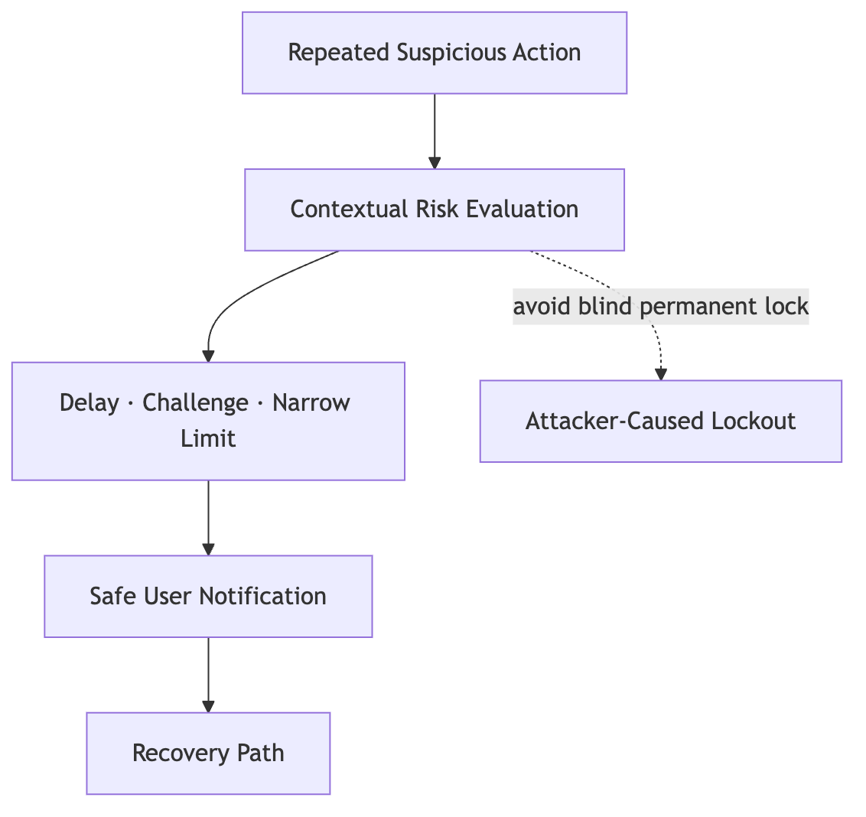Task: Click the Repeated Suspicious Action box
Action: [435, 53]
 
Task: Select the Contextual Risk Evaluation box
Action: [435, 210]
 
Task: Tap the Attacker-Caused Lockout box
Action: [660, 421]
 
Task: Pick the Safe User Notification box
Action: [208, 597]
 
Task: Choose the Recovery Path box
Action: [208, 754]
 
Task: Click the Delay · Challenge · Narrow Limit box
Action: [208, 421]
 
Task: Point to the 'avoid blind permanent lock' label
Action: [660, 306]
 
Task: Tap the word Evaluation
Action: [522, 210]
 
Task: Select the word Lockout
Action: [754, 421]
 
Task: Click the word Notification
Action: [262, 597]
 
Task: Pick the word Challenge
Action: [196, 402]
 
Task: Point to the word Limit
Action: [208, 438]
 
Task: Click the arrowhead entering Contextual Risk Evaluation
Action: [435, 163]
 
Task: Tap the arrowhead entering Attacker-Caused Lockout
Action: [660, 374]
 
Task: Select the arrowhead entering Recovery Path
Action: [208, 707]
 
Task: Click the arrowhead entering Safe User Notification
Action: [208, 549]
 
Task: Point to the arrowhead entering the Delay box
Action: [208, 356]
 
